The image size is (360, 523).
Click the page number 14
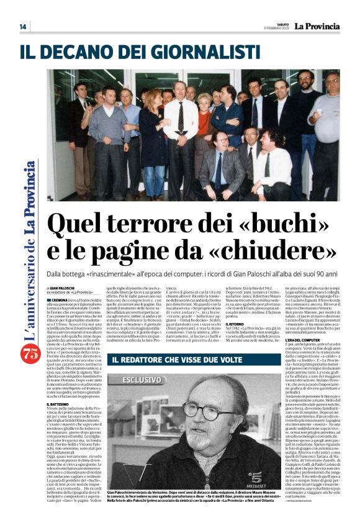tap(23, 27)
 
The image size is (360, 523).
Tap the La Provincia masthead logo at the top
tap(317, 26)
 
